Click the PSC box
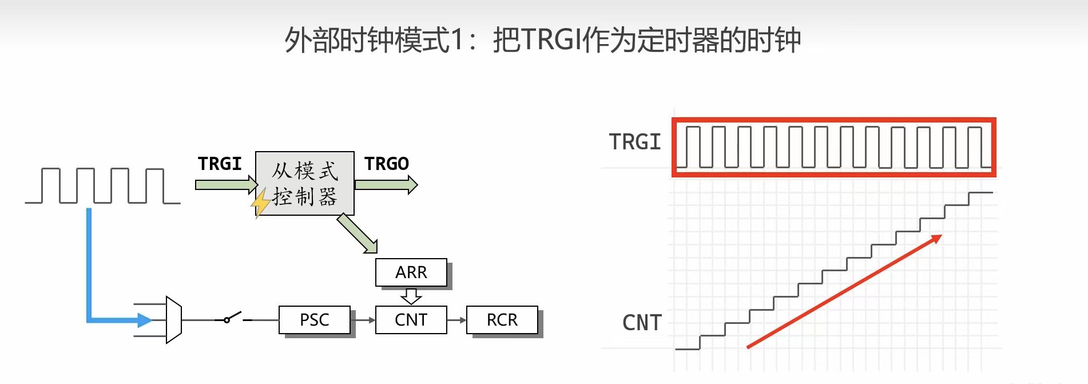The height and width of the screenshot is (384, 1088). click(315, 320)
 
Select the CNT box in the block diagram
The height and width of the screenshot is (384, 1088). click(411, 320)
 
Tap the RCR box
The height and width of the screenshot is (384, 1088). click(502, 320)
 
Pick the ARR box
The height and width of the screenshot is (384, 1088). click(411, 272)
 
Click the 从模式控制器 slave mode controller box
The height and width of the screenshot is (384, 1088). click(305, 183)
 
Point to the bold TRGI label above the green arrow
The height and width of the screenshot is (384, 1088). click(220, 164)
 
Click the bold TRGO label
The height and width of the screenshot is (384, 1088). click(387, 164)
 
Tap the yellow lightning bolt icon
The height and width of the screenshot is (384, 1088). click(261, 202)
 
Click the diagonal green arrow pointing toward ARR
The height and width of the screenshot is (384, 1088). click(358, 234)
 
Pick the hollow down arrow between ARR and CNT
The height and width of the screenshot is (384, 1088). click(411, 296)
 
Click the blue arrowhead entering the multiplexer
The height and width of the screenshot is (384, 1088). click(145, 320)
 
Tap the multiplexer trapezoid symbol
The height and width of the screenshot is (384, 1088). click(173, 320)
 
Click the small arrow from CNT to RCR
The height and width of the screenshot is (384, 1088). click(456, 320)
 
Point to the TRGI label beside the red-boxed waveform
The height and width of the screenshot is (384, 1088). click(634, 142)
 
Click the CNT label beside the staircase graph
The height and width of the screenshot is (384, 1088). click(642, 323)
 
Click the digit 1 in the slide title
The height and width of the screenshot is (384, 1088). click(456, 40)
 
